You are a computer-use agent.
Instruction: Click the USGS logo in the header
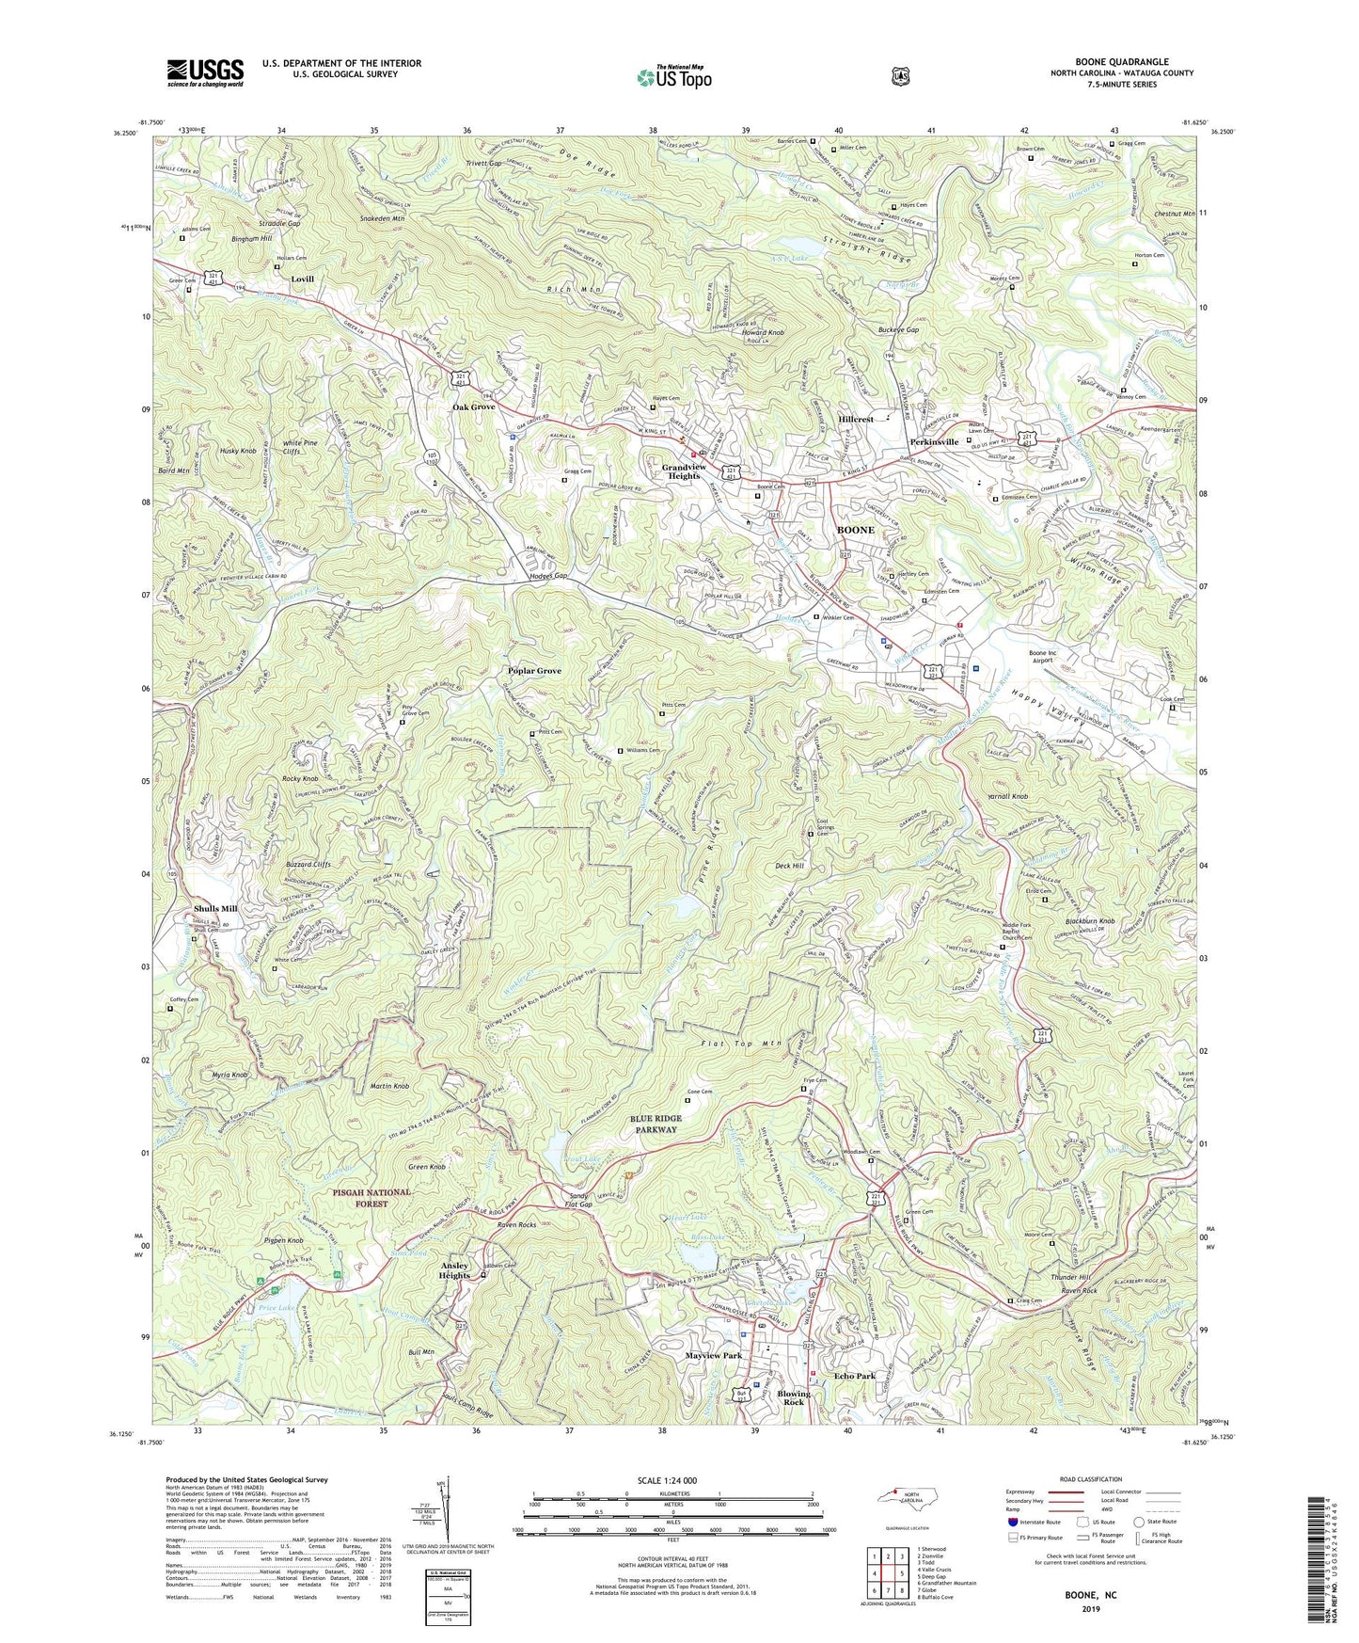pyautogui.click(x=205, y=72)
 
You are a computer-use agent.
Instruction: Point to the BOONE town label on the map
pyautogui.click(x=856, y=530)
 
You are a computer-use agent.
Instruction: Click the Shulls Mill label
pyautogui.click(x=215, y=909)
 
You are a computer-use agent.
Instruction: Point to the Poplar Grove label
pyautogui.click(x=534, y=671)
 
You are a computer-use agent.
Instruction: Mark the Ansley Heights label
pyautogui.click(x=454, y=1270)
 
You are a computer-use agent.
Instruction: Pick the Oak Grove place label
pyautogui.click(x=475, y=407)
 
